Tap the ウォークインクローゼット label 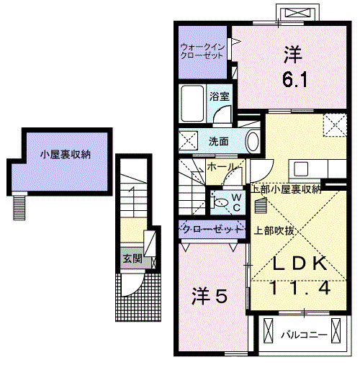(203, 51)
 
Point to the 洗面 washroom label (219, 140)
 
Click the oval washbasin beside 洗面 (252, 140)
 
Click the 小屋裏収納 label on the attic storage (65, 153)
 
